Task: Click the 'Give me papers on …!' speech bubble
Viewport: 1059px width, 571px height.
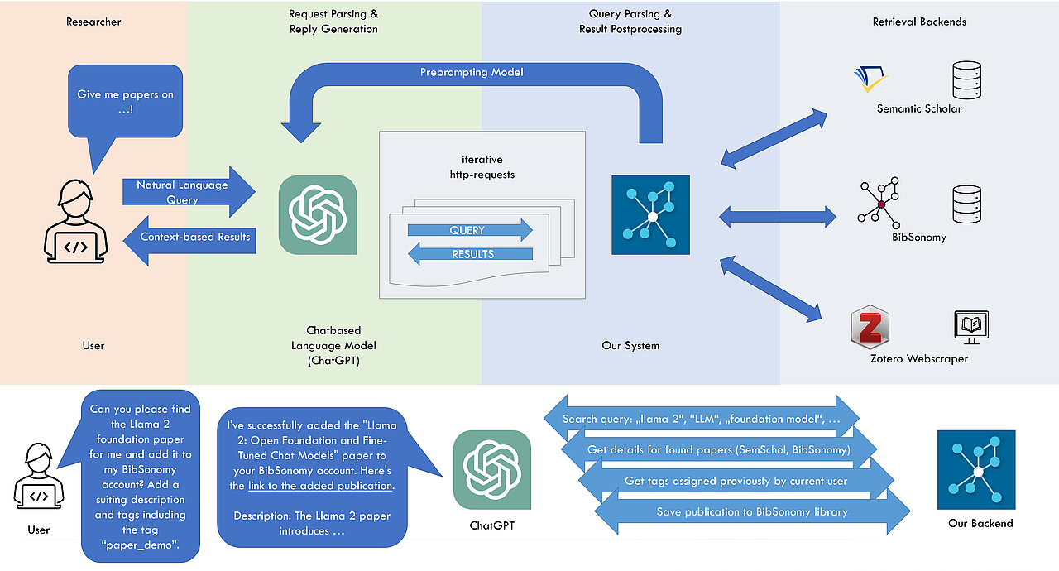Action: [125, 101]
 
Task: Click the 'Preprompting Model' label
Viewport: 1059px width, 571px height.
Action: [472, 73]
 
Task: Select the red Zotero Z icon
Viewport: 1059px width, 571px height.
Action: [870, 327]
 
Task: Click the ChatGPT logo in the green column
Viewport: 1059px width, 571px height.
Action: [318, 214]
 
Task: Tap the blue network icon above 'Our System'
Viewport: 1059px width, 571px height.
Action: [650, 214]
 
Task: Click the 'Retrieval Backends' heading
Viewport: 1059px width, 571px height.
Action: [919, 22]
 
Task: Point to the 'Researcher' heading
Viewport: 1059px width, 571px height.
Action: [93, 22]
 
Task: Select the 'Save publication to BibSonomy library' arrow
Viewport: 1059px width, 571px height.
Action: [751, 512]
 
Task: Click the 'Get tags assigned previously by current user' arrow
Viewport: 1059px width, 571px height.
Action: [736, 481]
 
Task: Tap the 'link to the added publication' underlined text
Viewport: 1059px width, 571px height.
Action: [321, 486]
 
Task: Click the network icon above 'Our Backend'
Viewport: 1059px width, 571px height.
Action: [976, 469]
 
